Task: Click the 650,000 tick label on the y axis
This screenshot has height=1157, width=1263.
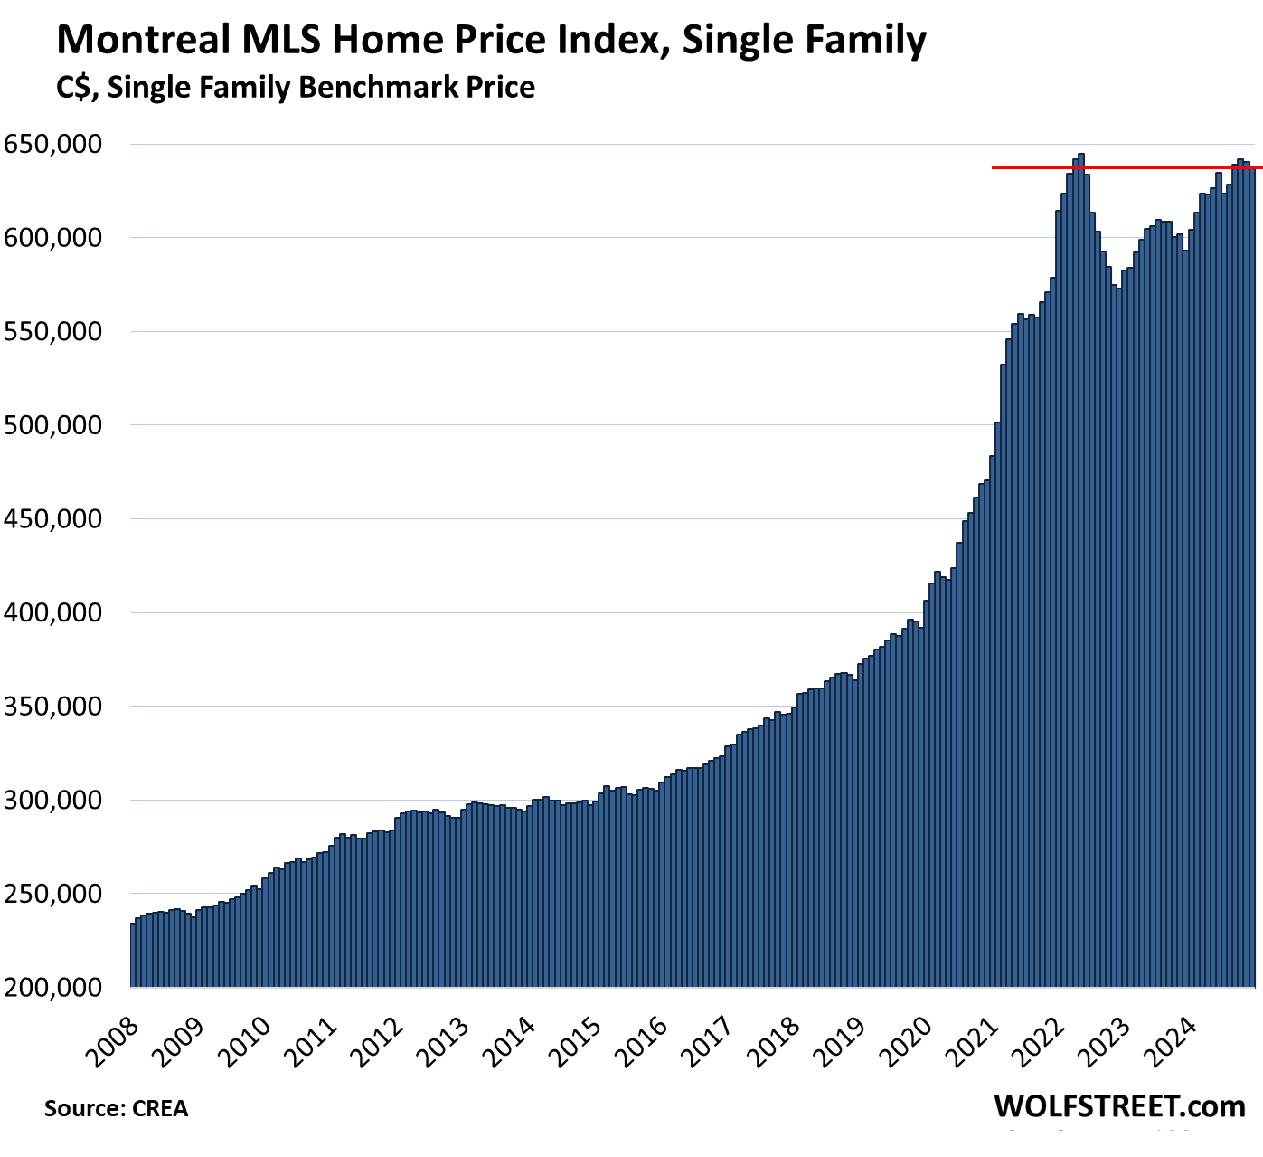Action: click(x=53, y=144)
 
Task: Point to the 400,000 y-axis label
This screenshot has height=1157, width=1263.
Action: click(x=53, y=612)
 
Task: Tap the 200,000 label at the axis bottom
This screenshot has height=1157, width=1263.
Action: click(x=53, y=987)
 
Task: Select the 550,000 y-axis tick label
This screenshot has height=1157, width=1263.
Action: click(x=53, y=331)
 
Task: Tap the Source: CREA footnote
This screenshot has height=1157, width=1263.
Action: click(x=116, y=1108)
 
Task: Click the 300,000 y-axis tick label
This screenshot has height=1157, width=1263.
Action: click(x=53, y=800)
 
